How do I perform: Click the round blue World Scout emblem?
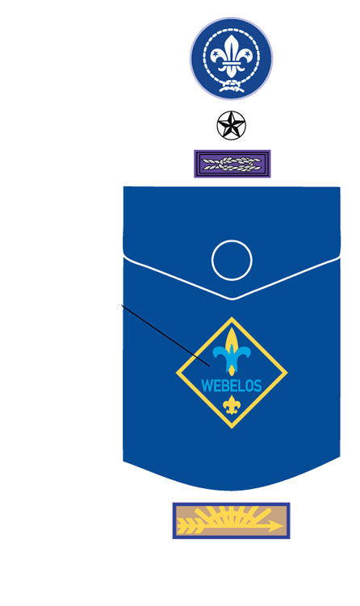(231, 58)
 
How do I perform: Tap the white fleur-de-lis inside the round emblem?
(231, 56)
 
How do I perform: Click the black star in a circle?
(231, 125)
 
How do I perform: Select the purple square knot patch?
(232, 164)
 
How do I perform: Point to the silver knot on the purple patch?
(232, 164)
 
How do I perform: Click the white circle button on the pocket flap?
(232, 260)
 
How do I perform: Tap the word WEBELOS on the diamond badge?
(232, 386)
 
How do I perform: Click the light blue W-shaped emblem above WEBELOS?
(232, 357)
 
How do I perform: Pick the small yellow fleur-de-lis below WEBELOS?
(232, 405)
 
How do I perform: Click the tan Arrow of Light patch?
(231, 520)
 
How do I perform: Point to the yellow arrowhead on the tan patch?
(275, 525)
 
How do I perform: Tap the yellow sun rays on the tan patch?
(231, 516)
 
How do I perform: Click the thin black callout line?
(165, 336)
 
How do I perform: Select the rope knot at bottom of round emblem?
(231, 85)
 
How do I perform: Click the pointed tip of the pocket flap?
(232, 299)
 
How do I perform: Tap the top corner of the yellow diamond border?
(232, 318)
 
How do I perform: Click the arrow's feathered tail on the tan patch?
(187, 526)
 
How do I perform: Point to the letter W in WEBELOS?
(207, 386)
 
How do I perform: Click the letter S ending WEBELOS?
(258, 386)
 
